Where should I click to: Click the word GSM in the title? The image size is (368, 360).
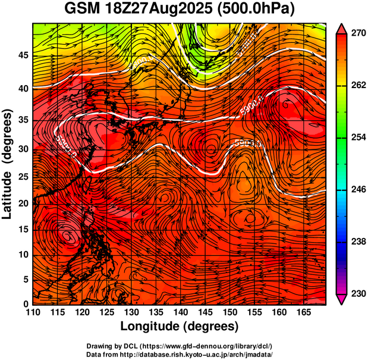(83, 10)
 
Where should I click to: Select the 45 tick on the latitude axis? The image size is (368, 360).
(22, 55)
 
